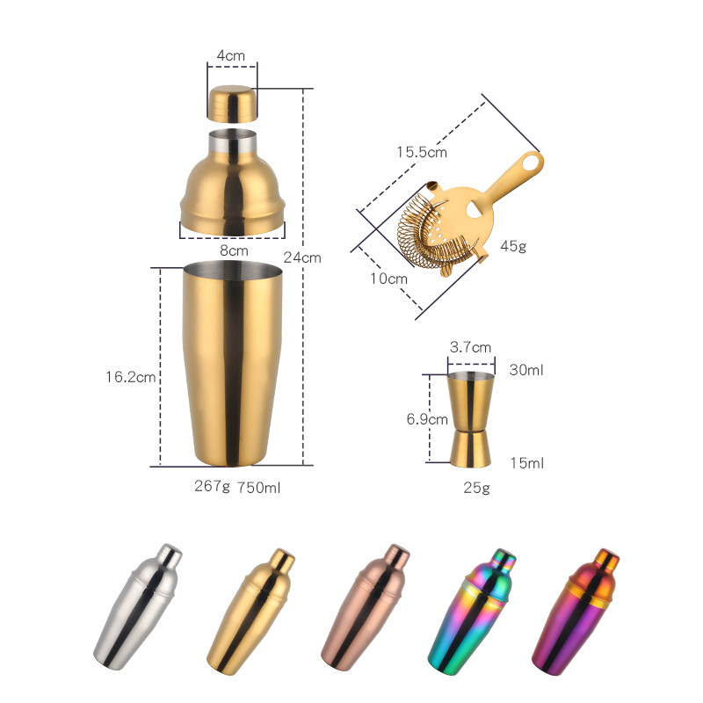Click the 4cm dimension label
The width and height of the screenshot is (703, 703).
(x=231, y=55)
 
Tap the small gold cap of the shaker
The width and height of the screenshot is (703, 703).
(x=233, y=104)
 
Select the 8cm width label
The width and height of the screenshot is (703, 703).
(x=233, y=250)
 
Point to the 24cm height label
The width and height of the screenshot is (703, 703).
(x=302, y=257)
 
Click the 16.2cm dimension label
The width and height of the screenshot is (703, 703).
(x=130, y=378)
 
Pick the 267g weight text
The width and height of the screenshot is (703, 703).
(x=212, y=486)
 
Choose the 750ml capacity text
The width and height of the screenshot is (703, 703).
(x=260, y=486)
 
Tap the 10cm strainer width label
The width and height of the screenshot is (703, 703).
(x=389, y=278)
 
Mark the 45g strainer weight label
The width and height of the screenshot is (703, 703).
(x=513, y=246)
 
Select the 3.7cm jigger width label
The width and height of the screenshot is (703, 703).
(x=470, y=347)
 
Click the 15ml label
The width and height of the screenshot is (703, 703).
(x=526, y=462)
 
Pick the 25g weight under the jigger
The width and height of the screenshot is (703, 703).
(x=476, y=488)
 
